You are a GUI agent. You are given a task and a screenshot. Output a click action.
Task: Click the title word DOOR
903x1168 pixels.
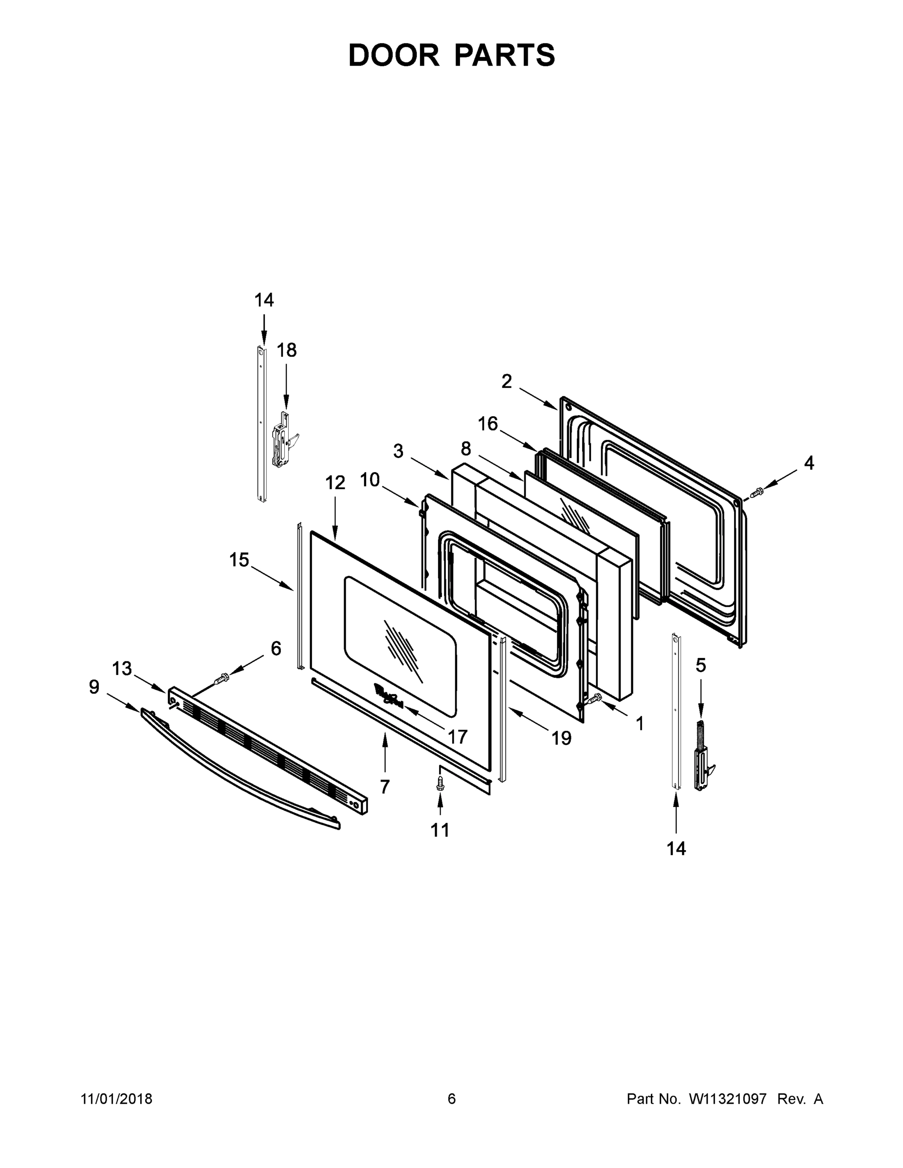(393, 55)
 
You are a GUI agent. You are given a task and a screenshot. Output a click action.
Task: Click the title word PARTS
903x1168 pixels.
(504, 55)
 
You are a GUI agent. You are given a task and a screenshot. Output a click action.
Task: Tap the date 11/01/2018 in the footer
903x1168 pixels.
(117, 1098)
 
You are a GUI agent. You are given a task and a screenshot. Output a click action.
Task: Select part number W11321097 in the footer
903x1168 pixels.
(728, 1098)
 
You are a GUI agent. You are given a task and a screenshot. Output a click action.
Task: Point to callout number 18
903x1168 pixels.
(286, 350)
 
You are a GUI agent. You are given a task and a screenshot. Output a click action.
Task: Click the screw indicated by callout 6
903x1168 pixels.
(221, 680)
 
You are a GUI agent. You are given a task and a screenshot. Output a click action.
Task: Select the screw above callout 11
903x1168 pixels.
(440, 784)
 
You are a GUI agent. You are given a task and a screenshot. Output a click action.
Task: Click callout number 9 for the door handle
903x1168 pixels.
(94, 687)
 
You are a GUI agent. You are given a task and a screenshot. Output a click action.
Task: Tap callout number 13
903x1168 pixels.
(122, 668)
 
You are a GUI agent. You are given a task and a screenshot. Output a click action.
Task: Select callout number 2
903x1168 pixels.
(506, 382)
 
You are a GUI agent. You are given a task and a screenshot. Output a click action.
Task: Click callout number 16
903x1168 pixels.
(487, 424)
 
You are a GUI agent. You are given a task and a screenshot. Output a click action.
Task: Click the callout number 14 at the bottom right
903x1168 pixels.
(676, 848)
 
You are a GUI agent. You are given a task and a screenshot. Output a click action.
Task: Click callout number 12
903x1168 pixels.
(335, 482)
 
